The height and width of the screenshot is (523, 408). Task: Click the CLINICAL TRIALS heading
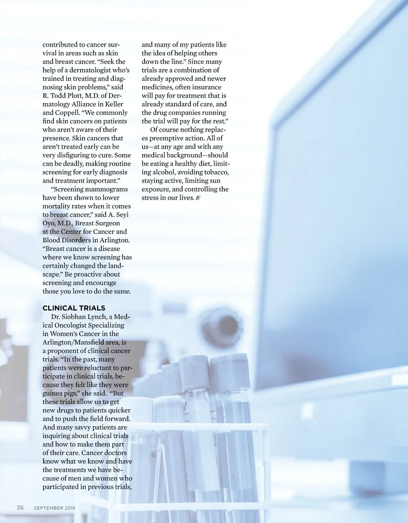point(74,308)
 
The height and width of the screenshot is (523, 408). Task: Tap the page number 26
point(20,507)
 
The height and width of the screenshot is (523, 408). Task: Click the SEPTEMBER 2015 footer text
point(55,508)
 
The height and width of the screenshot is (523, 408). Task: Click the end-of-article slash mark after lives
point(198,198)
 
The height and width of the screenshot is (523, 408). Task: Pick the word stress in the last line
point(151,198)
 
